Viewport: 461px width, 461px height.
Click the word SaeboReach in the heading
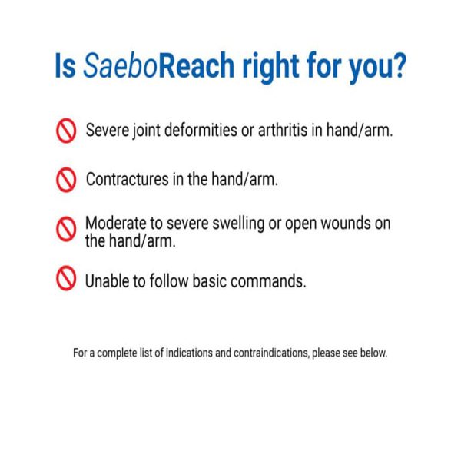click(x=154, y=68)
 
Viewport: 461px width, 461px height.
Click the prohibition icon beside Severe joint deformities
click(x=67, y=130)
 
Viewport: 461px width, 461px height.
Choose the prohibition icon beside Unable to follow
click(x=67, y=280)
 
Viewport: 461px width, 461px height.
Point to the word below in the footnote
click(x=374, y=354)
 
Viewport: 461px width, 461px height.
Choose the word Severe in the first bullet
click(x=108, y=130)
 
